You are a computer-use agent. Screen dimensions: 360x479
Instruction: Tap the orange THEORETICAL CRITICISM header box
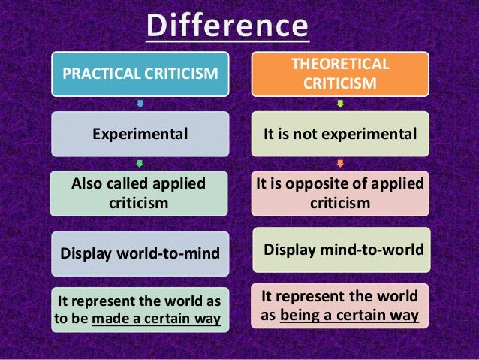coord(340,74)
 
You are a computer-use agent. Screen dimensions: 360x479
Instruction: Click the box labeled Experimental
coord(140,134)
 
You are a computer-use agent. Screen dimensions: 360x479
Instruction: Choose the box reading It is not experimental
coord(340,134)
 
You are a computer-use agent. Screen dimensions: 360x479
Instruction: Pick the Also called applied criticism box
coord(140,193)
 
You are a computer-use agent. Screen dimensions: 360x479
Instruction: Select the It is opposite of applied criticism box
coord(340,193)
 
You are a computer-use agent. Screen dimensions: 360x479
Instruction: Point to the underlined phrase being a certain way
coord(349,316)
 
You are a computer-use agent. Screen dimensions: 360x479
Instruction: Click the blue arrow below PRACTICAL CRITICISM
coord(140,104)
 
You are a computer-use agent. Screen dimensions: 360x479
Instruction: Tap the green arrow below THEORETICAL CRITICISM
coord(340,104)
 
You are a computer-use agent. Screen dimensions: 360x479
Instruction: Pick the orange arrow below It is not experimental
coord(340,163)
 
